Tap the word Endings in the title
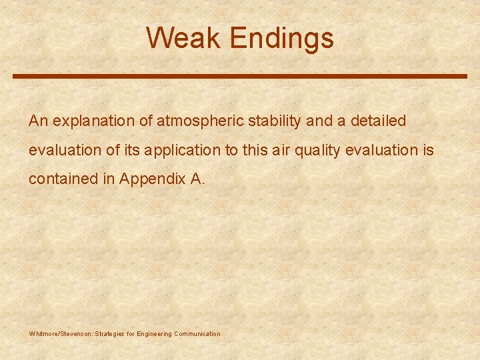(281, 39)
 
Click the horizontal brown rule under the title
(240, 77)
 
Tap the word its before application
(132, 151)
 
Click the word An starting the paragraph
(38, 121)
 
